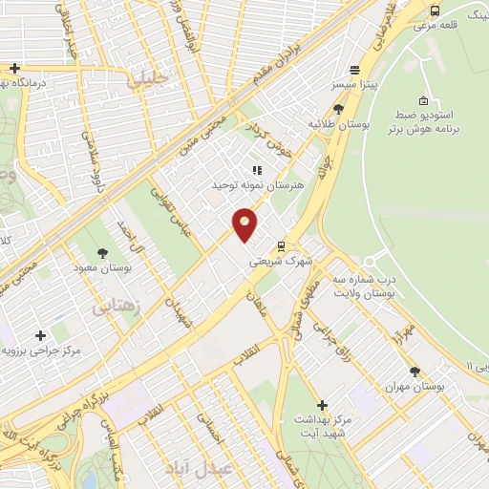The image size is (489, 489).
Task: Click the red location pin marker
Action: click(245, 224)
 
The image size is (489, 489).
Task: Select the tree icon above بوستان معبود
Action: click(102, 253)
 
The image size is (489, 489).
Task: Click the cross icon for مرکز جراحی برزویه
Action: click(40, 335)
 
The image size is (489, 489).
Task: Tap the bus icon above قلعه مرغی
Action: click(436, 11)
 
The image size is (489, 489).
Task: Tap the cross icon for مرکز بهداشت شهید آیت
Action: click(322, 405)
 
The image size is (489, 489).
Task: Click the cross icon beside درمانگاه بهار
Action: click(14, 68)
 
